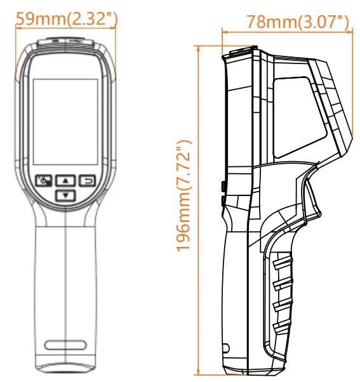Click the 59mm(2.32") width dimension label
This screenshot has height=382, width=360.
[x=65, y=18]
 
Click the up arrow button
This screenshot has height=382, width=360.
[x=65, y=180]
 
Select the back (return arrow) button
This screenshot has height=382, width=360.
[x=86, y=180]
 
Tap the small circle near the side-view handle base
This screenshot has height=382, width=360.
[x=225, y=348]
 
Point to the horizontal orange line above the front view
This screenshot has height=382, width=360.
[x=65, y=27]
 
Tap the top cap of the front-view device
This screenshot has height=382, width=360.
[x=65, y=44]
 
